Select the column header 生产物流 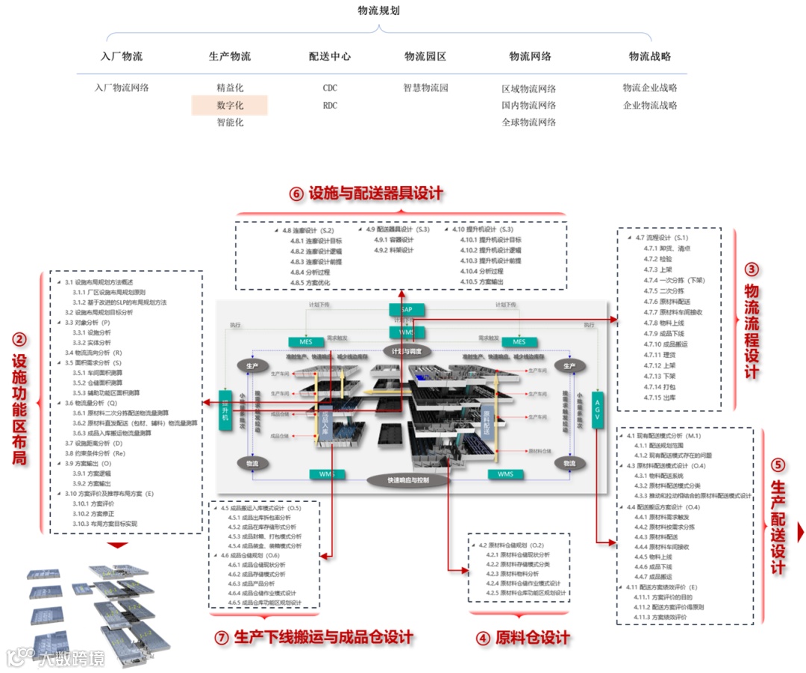click(230, 56)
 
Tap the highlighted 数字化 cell click(230, 105)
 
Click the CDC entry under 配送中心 click(330, 88)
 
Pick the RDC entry click(330, 105)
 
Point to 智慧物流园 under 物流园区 click(425, 88)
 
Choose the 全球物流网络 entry click(528, 122)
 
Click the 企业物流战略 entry click(649, 105)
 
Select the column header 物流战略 click(649, 56)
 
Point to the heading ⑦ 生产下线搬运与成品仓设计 click(313, 638)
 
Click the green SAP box click(406, 308)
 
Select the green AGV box click(596, 409)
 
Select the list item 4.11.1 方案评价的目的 click(663, 597)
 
